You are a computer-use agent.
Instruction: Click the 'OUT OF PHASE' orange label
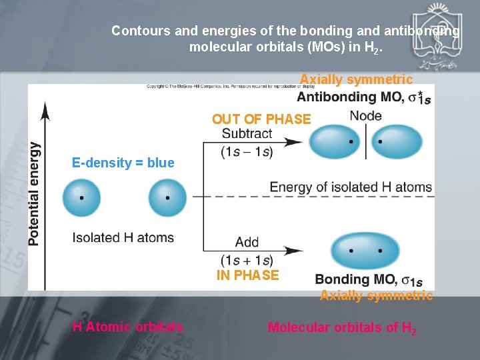(x=261, y=119)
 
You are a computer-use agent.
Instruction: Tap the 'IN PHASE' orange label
(x=247, y=275)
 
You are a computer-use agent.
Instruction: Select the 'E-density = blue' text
(x=123, y=163)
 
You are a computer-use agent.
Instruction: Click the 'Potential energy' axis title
(x=34, y=194)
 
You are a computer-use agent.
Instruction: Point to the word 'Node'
(x=365, y=115)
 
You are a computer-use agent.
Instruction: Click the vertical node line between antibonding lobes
(x=366, y=141)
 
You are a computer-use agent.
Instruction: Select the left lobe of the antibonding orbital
(x=335, y=141)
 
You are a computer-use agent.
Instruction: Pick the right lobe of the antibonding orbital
(x=397, y=141)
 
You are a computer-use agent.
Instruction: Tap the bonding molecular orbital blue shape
(x=366, y=251)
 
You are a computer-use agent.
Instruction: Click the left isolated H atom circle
(x=82, y=197)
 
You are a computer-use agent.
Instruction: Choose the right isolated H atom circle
(x=167, y=197)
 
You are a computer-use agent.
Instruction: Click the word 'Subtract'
(x=247, y=133)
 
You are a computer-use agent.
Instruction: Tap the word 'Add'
(x=247, y=242)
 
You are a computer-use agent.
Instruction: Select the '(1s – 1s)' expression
(x=247, y=152)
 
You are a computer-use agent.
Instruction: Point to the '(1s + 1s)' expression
(x=247, y=260)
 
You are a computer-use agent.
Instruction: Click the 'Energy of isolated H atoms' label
(x=351, y=187)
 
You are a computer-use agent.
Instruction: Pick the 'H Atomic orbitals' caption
(x=127, y=327)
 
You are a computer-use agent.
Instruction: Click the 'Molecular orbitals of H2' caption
(x=342, y=327)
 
